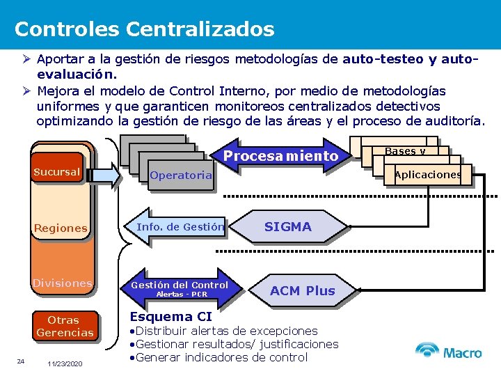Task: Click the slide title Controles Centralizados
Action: [x=144, y=29]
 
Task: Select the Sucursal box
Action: [x=57, y=172]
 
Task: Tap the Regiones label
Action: [x=61, y=228]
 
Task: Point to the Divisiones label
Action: [x=62, y=283]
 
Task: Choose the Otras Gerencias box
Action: [x=64, y=327]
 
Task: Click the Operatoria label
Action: [x=180, y=175]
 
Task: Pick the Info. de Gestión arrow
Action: [x=177, y=227]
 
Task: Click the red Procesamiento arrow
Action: [x=281, y=156]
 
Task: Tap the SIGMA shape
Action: [x=288, y=227]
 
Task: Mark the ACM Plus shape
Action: [x=302, y=290]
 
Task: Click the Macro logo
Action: [x=448, y=351]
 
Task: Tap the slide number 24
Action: [x=21, y=361]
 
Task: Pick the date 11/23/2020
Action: [x=65, y=364]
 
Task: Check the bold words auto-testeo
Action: [x=383, y=60]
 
